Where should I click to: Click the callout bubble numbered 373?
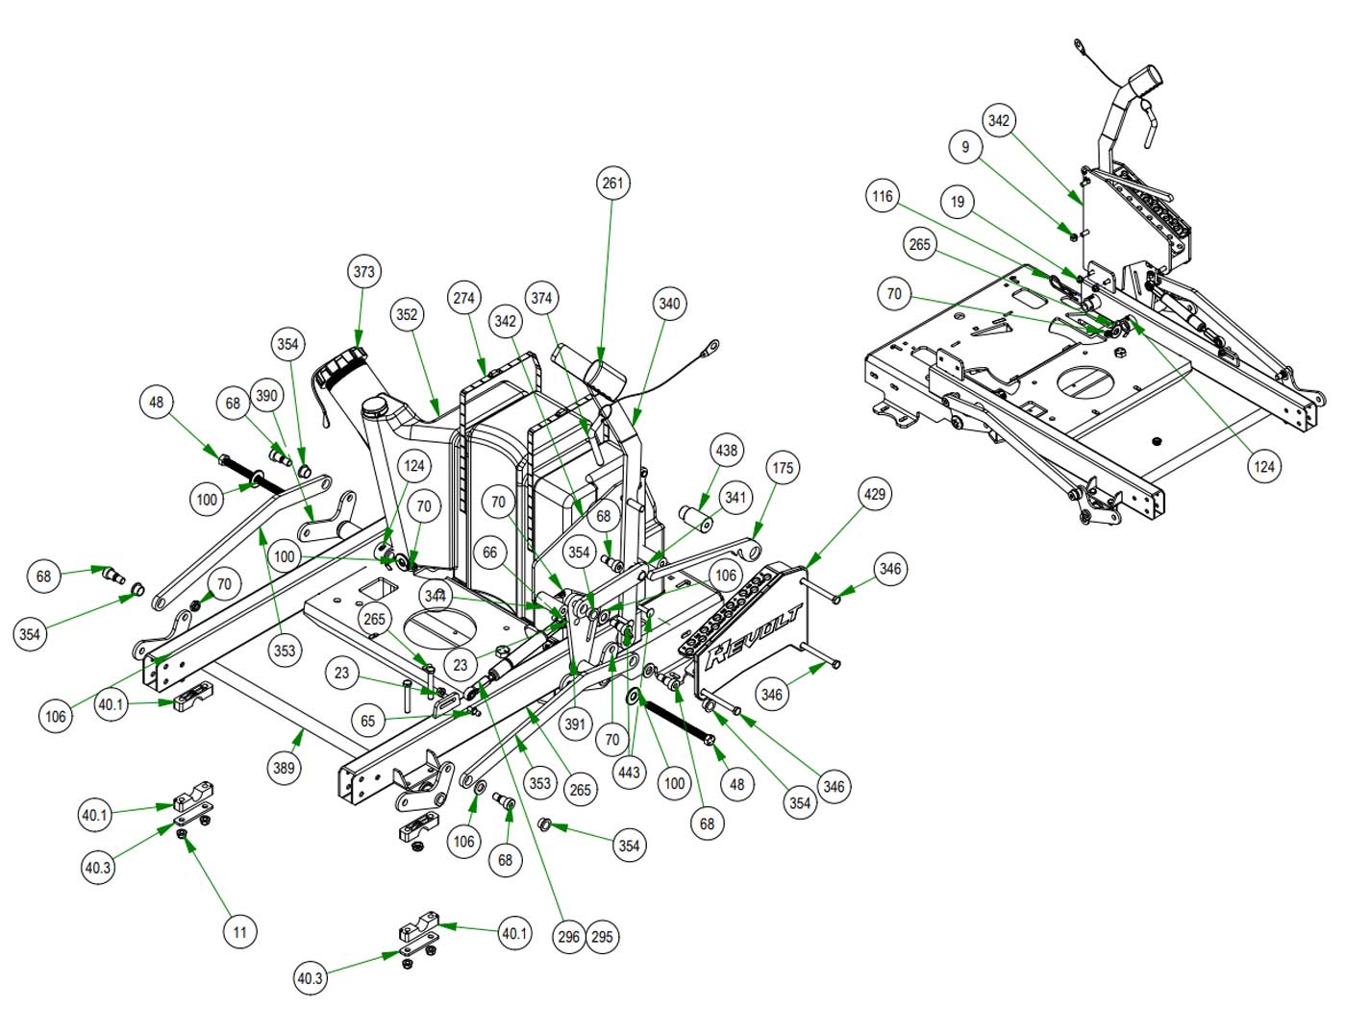tap(363, 272)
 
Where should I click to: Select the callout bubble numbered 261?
tap(612, 183)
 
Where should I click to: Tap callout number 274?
tap(464, 298)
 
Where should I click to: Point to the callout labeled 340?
tap(669, 304)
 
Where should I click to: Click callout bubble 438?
tap(727, 450)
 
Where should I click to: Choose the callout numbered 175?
tap(784, 468)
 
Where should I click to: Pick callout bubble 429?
tap(875, 495)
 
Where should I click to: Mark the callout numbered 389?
tap(284, 768)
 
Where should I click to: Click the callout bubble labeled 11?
tap(239, 931)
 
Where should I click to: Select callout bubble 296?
tap(568, 937)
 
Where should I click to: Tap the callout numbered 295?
tap(602, 937)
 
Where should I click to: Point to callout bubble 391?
tap(575, 724)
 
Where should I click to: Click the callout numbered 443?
tap(630, 772)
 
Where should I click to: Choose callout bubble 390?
tap(266, 396)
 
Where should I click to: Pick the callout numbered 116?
tap(883, 197)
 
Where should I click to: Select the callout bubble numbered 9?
tap(965, 147)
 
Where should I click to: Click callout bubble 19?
tap(958, 202)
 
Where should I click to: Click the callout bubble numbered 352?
tap(408, 314)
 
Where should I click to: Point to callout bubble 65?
tap(368, 721)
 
